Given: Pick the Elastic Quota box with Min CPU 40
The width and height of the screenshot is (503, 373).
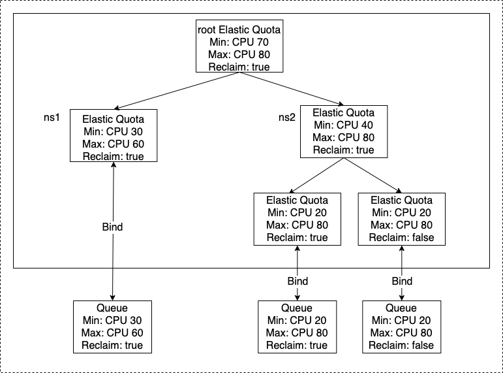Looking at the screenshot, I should pos(343,131).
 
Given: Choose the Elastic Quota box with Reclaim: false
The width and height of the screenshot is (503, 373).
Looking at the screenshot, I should pos(401,219).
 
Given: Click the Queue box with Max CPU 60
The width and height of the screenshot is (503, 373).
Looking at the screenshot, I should pos(112,327).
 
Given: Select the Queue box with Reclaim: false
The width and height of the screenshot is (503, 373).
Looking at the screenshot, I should pos(402,327).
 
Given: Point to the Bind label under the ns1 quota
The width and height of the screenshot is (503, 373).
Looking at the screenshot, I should pos(112,227).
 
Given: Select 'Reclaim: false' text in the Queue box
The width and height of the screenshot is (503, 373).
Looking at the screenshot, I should pos(402,345).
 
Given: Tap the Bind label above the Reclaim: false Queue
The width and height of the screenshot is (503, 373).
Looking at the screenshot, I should pos(402,282).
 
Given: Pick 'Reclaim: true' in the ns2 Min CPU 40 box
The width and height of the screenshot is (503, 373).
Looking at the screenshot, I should pos(343,150).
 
